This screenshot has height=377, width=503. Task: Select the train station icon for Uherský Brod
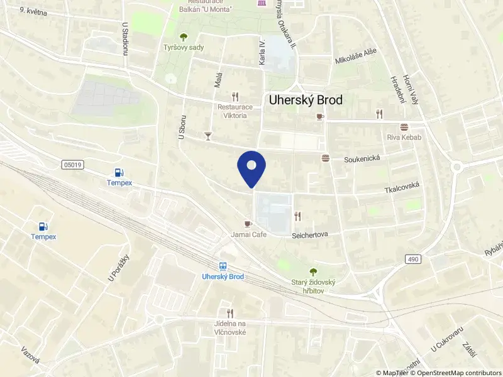tap(223, 266)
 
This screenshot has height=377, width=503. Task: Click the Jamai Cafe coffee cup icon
tap(248, 224)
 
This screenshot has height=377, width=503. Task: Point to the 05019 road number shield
tap(72, 165)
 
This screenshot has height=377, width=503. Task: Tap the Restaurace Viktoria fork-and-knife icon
tap(235, 97)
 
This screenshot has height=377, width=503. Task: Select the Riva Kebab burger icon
tap(404, 126)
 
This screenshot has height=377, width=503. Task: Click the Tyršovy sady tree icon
tap(184, 37)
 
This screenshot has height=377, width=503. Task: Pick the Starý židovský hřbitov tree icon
tap(313, 271)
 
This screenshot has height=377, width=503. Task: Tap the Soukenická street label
tap(362, 160)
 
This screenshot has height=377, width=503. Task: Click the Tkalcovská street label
tap(402, 188)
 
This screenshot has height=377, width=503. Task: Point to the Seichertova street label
tap(311, 235)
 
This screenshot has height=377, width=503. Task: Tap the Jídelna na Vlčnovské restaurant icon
tap(229, 313)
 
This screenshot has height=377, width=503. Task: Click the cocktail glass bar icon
tap(208, 135)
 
